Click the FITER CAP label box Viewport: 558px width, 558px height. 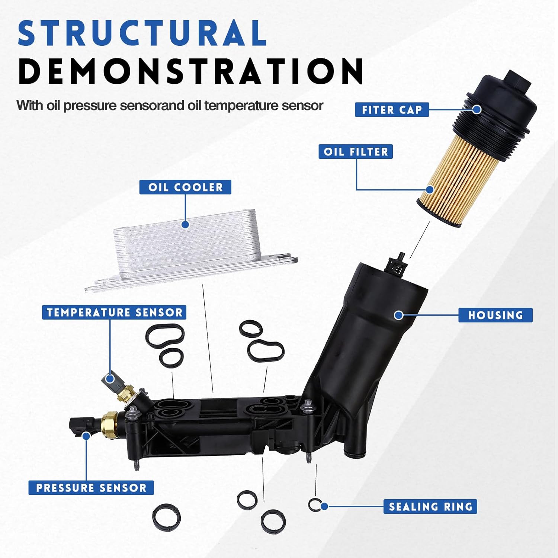click(x=391, y=110)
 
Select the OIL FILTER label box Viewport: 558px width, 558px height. click(x=355, y=152)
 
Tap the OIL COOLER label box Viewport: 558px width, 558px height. click(x=185, y=187)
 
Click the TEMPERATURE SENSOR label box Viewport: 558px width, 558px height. click(x=114, y=312)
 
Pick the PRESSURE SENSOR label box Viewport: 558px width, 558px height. click(x=91, y=488)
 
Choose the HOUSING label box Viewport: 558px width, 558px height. click(x=495, y=315)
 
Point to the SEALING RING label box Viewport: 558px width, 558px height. click(x=430, y=507)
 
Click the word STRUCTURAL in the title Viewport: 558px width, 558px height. click(x=142, y=33)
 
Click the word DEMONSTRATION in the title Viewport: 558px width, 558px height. click(x=190, y=71)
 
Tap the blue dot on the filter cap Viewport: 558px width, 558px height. click(x=477, y=110)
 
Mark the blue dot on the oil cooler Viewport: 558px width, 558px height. click(x=185, y=224)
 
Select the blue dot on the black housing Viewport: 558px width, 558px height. click(x=398, y=315)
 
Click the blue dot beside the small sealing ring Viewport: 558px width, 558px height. click(x=324, y=506)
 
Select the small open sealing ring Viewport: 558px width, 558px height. click(x=314, y=504)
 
